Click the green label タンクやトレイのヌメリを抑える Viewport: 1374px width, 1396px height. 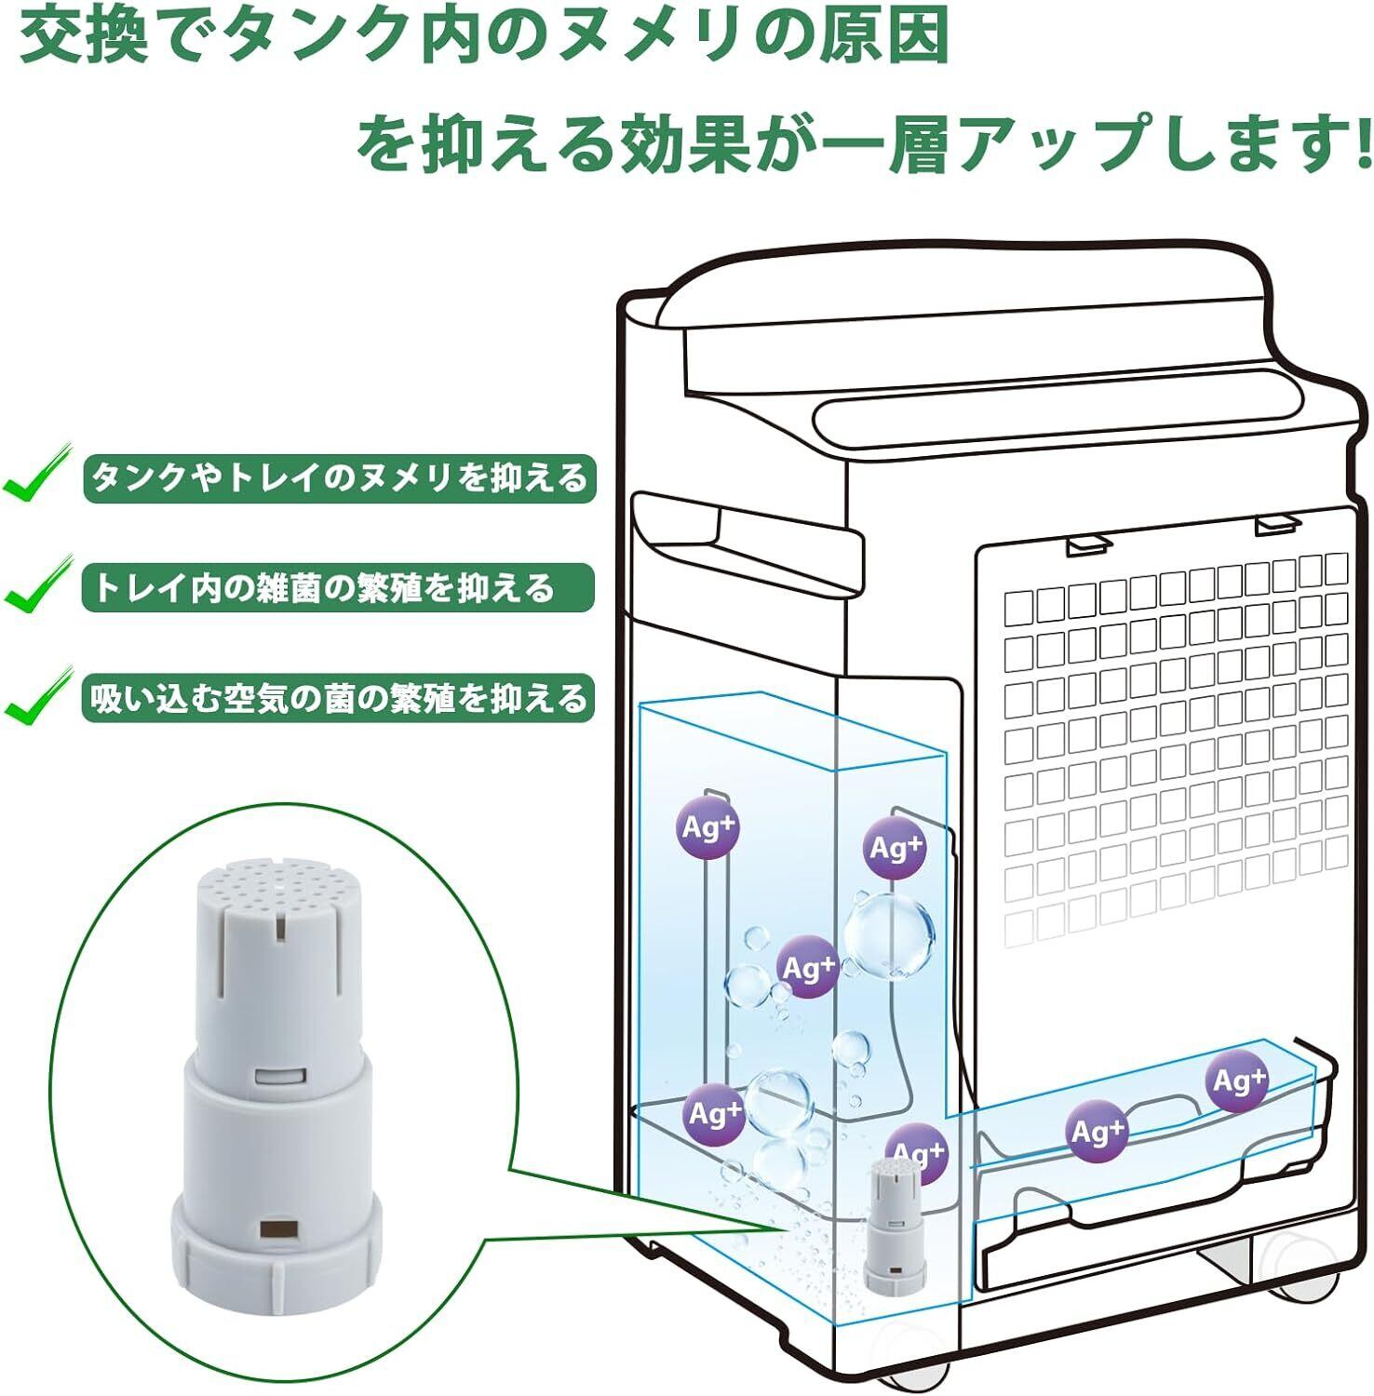coord(339,478)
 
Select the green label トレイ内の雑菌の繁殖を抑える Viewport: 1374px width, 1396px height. coord(337,588)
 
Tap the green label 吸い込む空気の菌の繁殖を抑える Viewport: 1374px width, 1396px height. coord(339,698)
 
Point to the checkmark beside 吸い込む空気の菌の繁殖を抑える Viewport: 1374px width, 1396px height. coord(37,697)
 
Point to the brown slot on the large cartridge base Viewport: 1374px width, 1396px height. coord(276,1228)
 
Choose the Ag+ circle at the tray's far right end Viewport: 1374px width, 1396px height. coord(1237,1081)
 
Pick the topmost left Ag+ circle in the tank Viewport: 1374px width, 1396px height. coord(708,827)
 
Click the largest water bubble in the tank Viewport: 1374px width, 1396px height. coord(889,934)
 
